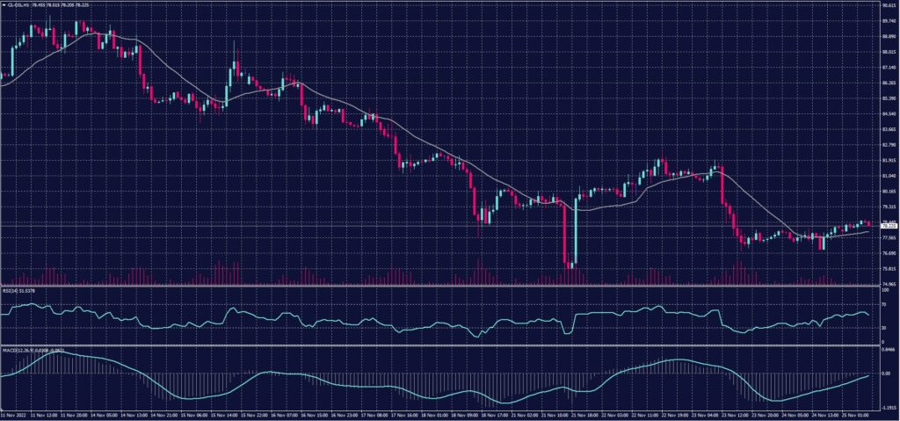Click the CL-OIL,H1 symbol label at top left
pyautogui.click(x=19, y=5)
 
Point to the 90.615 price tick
pyautogui.click(x=888, y=5)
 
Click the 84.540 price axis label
pyautogui.click(x=888, y=113)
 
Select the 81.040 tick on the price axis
pyautogui.click(x=888, y=175)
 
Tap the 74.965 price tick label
pyautogui.click(x=888, y=284)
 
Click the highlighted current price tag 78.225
pyautogui.click(x=888, y=226)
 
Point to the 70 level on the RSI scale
pyautogui.click(x=882, y=306)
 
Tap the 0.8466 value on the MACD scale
pyautogui.click(x=887, y=348)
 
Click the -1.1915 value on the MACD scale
pyautogui.click(x=887, y=408)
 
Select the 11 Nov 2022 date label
pyautogui.click(x=14, y=415)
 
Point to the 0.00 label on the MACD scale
pyautogui.click(x=884, y=373)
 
